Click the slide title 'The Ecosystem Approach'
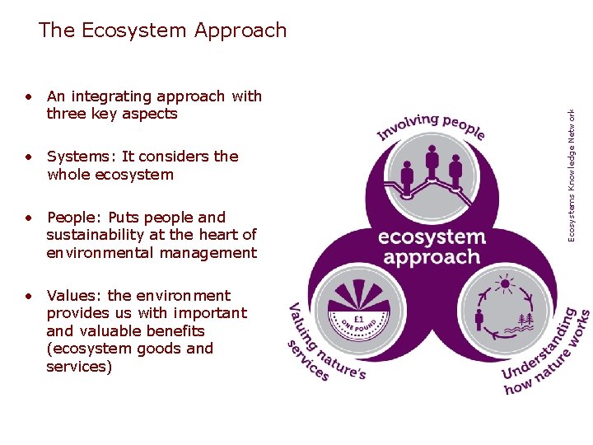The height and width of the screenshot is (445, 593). coord(162,30)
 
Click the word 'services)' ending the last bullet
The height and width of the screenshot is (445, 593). coord(79,367)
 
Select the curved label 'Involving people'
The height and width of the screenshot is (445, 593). coord(431,126)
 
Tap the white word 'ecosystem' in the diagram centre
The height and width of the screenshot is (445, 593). coord(431,238)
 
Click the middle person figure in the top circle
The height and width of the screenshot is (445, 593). coord(432,162)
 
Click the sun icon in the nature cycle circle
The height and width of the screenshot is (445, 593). coord(505,285)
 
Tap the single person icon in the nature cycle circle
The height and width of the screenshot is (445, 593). coord(479,319)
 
